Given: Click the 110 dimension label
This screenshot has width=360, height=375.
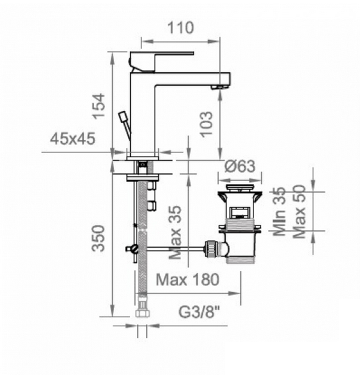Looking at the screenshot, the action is (180, 28).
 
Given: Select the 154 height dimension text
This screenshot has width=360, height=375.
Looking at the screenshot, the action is (99, 106).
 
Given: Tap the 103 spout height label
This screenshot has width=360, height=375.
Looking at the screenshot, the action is (206, 125).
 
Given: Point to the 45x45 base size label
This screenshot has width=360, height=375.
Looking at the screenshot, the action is (72, 138).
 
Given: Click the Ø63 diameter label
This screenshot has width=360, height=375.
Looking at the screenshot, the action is (240, 166).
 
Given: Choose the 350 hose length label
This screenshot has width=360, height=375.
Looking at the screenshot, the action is (98, 239).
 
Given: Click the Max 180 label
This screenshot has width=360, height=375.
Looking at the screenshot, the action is (187, 280).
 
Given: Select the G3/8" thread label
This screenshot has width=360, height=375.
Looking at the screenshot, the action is (199, 312).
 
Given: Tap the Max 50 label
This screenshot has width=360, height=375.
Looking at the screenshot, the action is (299, 212).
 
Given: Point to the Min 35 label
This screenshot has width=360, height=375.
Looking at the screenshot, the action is (279, 212).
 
